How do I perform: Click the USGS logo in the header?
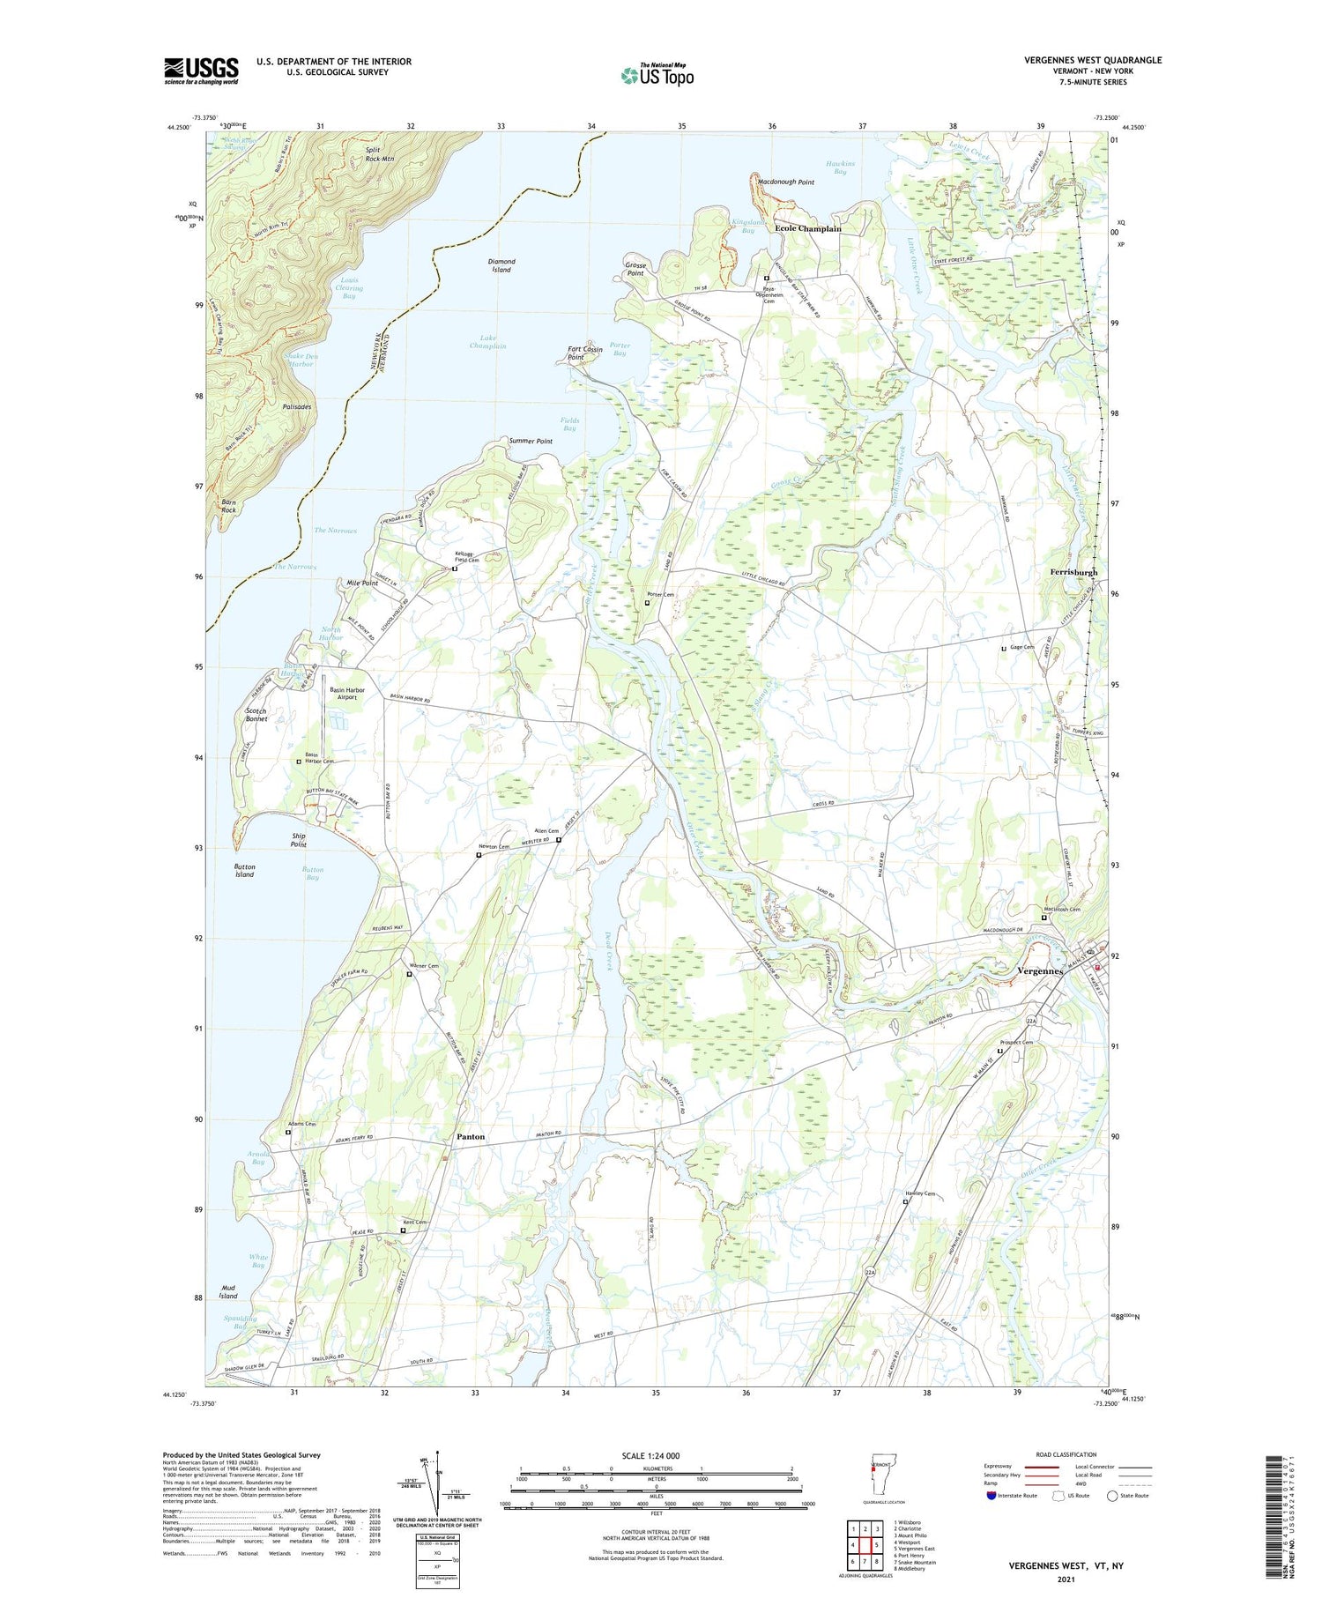(201, 71)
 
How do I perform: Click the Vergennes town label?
(1041, 971)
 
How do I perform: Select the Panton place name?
(471, 1137)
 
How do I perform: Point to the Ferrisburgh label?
(1073, 572)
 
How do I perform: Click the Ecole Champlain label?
(807, 228)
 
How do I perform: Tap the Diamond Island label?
(501, 265)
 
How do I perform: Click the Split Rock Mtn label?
(379, 154)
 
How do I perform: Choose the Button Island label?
(244, 870)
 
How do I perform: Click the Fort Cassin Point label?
(584, 353)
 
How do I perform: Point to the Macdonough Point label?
(786, 182)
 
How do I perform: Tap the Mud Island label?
(228, 1291)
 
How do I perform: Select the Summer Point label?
(531, 441)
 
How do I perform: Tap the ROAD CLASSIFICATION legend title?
(1066, 1454)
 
